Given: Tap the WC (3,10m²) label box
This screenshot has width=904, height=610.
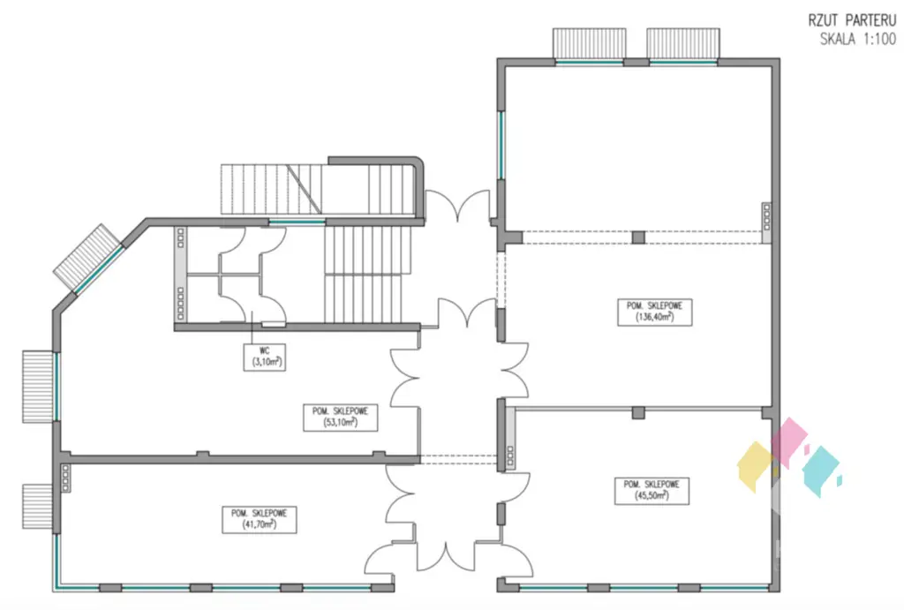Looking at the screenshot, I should pyautogui.click(x=263, y=356).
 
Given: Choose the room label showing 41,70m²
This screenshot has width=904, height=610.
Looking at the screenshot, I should pyautogui.click(x=259, y=519).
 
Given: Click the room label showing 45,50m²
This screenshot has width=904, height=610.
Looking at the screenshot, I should pyautogui.click(x=652, y=491).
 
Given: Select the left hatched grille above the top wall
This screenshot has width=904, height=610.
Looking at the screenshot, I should pyautogui.click(x=590, y=42).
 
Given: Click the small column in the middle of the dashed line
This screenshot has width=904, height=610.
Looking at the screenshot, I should pyautogui.click(x=637, y=237).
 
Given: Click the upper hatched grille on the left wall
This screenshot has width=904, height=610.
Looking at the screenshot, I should pyautogui.click(x=38, y=386).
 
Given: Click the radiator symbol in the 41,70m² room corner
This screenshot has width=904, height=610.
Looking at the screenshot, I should pyautogui.click(x=66, y=478).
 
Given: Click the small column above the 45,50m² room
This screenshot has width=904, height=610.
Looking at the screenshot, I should pyautogui.click(x=637, y=411).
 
